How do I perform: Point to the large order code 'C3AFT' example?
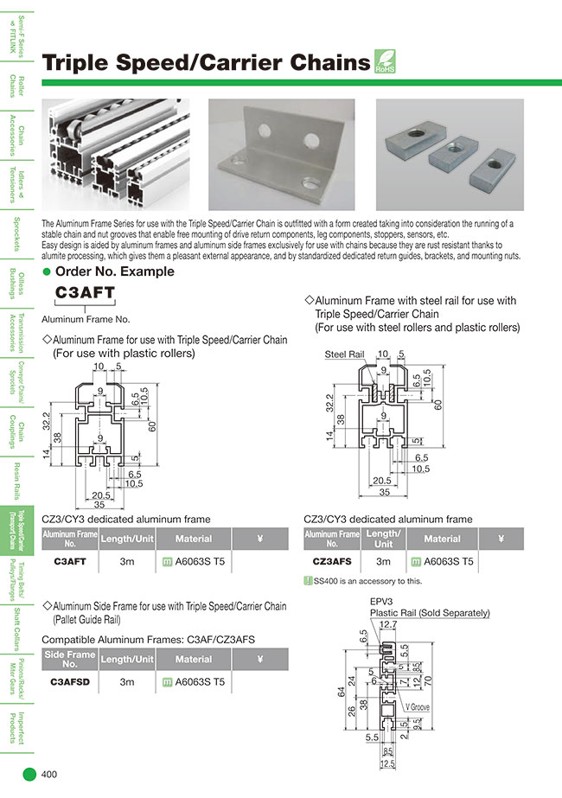pyautogui.click(x=85, y=292)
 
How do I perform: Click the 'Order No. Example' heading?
pyautogui.click(x=114, y=271)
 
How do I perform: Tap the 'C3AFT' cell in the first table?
pyautogui.click(x=69, y=561)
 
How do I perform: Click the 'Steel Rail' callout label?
pyautogui.click(x=344, y=354)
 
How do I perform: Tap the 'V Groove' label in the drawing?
pyautogui.click(x=415, y=706)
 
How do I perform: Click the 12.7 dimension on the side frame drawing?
pyautogui.click(x=388, y=622)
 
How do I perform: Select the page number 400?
pyautogui.click(x=49, y=775)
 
